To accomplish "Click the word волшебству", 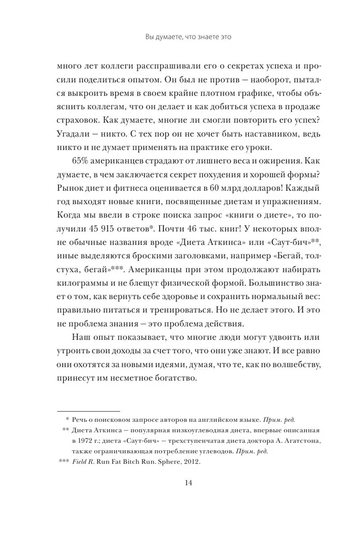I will click(283, 364).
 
